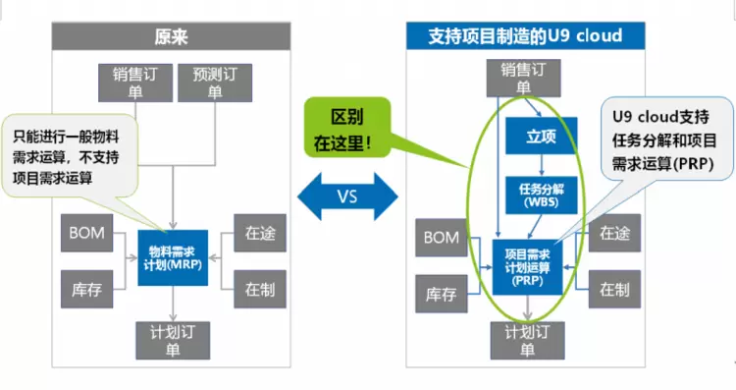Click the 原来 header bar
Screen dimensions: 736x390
[x=171, y=36]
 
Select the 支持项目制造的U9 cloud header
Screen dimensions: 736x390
[x=525, y=35]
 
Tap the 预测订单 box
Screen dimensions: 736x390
[x=215, y=83]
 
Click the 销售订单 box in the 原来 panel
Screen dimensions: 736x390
[x=135, y=83]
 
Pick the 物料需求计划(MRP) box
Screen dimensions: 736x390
[x=173, y=258]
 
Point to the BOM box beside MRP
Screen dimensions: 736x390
[x=86, y=233]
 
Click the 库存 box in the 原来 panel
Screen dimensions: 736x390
[x=86, y=289]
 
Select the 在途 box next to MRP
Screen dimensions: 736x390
[x=260, y=233]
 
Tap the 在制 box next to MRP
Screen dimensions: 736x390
[x=260, y=289]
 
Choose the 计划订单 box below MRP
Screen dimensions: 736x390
[x=173, y=341]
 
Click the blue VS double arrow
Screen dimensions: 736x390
[x=347, y=196]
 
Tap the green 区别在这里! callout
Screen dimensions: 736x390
[x=347, y=128]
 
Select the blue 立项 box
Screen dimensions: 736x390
[x=541, y=136]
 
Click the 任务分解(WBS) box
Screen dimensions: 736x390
[x=541, y=195]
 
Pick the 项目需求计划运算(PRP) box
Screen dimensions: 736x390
[x=527, y=267]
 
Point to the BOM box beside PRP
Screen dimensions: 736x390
[x=442, y=238]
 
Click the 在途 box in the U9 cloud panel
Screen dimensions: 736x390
[x=614, y=233]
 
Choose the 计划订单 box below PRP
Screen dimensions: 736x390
[x=528, y=341]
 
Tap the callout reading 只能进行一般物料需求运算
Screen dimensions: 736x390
[x=70, y=156]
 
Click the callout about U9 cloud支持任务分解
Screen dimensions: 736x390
[x=666, y=139]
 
